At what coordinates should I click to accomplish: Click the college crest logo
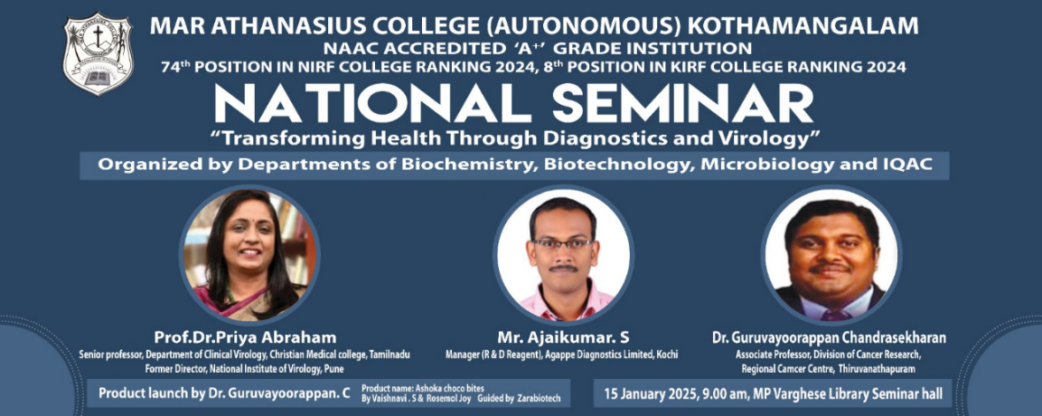coord(98,54)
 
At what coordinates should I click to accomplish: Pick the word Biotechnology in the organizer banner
coord(611,166)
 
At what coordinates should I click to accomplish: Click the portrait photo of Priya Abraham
coord(249,254)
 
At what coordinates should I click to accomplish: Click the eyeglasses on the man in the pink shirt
coord(564,244)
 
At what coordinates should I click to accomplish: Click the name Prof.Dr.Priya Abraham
coord(245,337)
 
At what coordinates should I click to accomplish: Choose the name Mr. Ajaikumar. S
coord(562,337)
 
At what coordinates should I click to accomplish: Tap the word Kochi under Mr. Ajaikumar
coord(667,355)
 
